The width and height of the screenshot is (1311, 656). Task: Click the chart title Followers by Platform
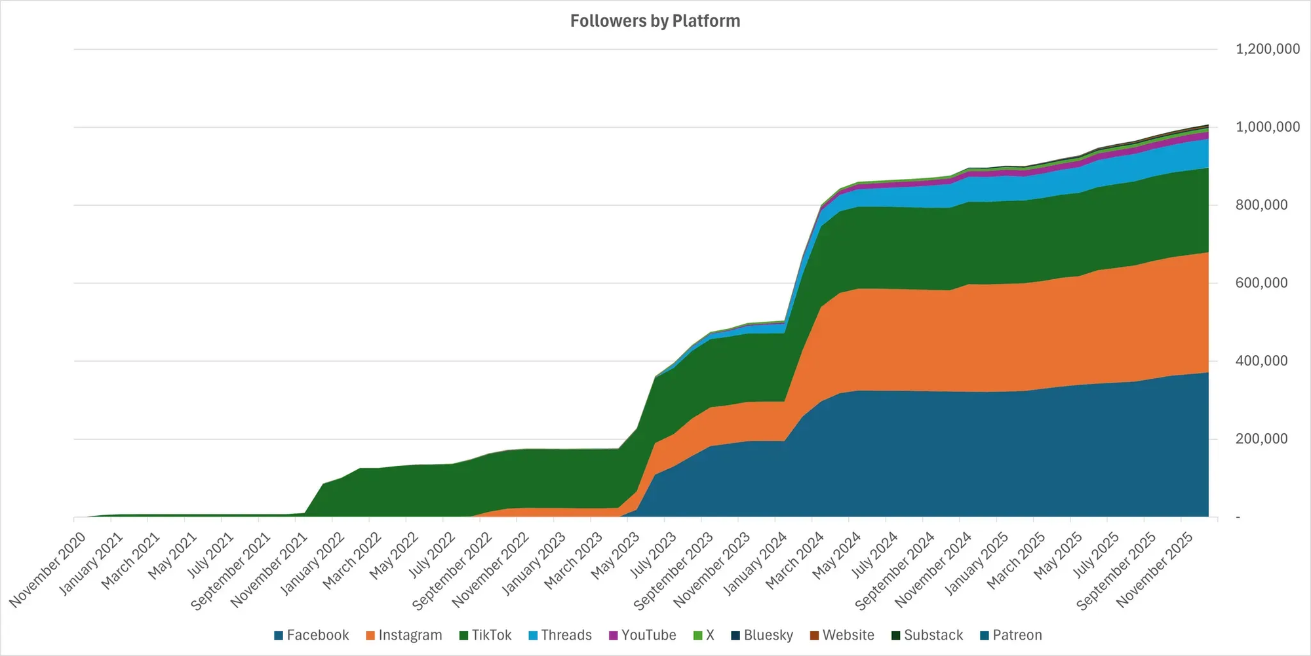tap(655, 21)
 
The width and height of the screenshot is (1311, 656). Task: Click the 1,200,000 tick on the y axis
tap(1267, 49)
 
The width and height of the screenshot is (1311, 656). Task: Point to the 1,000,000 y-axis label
tap(1267, 127)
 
